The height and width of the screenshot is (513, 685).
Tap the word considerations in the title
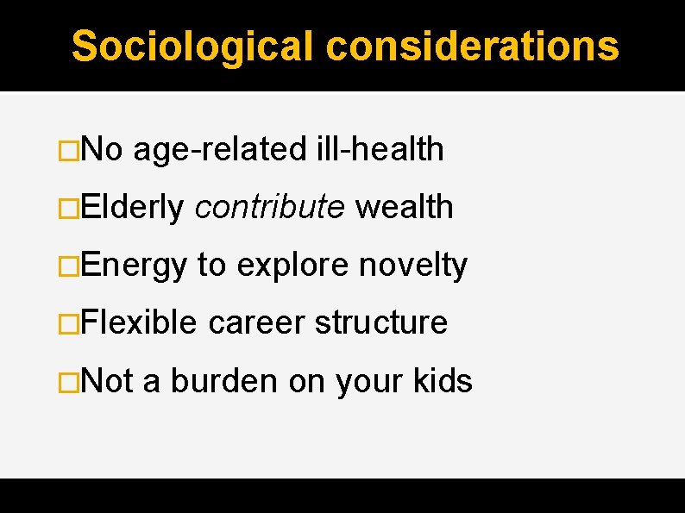(473, 47)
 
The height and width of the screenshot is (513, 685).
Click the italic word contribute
(269, 208)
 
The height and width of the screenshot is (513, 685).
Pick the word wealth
(404, 208)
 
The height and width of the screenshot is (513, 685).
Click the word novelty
(413, 266)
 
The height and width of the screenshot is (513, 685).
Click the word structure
(381, 323)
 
